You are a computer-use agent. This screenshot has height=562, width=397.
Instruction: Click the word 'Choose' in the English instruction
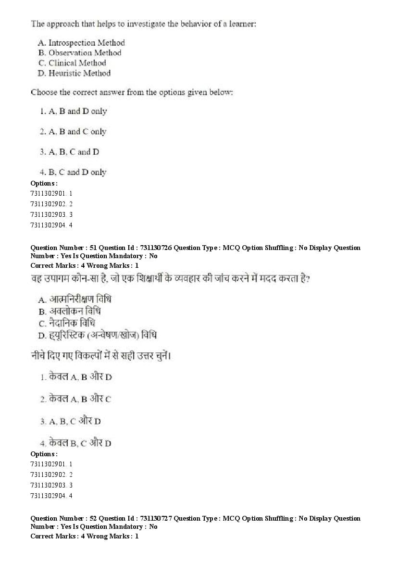[x=43, y=92]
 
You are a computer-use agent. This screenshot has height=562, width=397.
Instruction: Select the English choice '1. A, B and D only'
[x=74, y=112]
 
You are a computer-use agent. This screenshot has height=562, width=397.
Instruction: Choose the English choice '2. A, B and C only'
[x=73, y=132]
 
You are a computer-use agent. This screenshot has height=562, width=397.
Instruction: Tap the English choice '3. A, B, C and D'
[x=70, y=152]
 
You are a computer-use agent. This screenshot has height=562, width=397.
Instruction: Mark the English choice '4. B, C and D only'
[x=73, y=172]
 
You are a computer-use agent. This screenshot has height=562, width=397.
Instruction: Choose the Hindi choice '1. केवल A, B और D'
[x=76, y=377]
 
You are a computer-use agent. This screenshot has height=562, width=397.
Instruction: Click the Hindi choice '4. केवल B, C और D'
[x=76, y=443]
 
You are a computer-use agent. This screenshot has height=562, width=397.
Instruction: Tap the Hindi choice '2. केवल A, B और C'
[x=76, y=399]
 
